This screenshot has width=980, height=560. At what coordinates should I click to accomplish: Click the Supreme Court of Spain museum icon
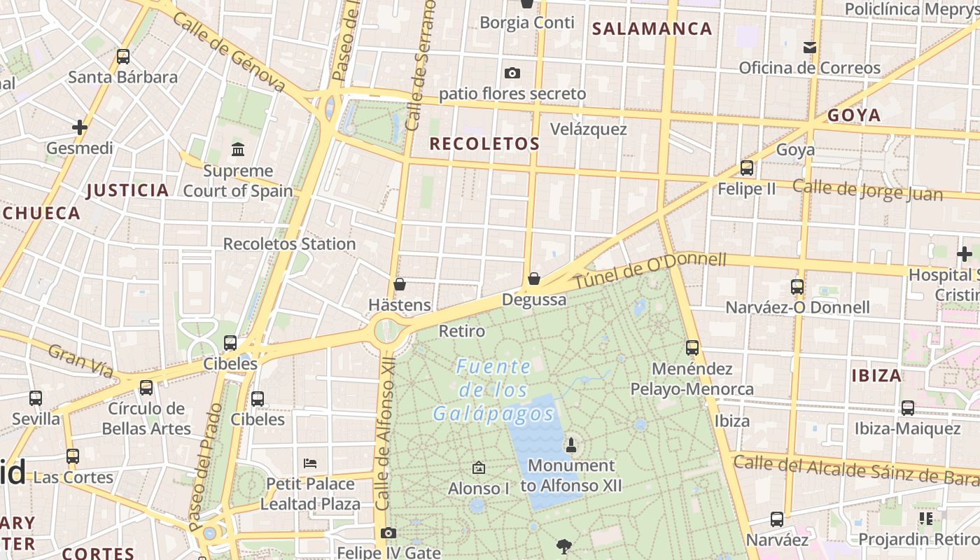point(237,149)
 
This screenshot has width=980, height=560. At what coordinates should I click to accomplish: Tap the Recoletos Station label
point(289,244)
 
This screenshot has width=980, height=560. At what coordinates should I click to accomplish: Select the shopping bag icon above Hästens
point(400,284)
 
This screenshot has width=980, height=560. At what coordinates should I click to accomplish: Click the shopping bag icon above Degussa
point(534,279)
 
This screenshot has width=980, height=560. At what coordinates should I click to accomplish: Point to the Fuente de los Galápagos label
point(493,390)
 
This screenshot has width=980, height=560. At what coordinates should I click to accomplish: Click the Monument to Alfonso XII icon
point(571,444)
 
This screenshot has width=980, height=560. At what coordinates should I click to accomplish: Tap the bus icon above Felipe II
point(747,168)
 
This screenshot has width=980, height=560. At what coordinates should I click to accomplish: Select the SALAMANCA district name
point(652,29)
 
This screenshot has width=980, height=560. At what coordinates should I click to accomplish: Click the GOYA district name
point(854,115)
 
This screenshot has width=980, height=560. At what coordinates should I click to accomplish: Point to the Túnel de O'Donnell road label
point(650,271)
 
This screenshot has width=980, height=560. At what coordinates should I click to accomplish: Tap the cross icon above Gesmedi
point(80,127)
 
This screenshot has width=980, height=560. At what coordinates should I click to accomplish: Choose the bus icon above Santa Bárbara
point(123,57)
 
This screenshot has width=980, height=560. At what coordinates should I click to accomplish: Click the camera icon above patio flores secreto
point(512,73)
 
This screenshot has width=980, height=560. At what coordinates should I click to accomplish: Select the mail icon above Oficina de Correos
point(810,48)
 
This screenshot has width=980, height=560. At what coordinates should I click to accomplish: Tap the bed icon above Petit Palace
point(310,463)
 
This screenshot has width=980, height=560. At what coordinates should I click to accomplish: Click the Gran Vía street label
point(80,360)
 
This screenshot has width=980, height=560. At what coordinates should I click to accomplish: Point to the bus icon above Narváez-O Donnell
point(797,286)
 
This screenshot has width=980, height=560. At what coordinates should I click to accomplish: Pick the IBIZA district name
point(876,375)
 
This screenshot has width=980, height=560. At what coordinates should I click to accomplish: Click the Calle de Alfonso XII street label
point(384,437)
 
